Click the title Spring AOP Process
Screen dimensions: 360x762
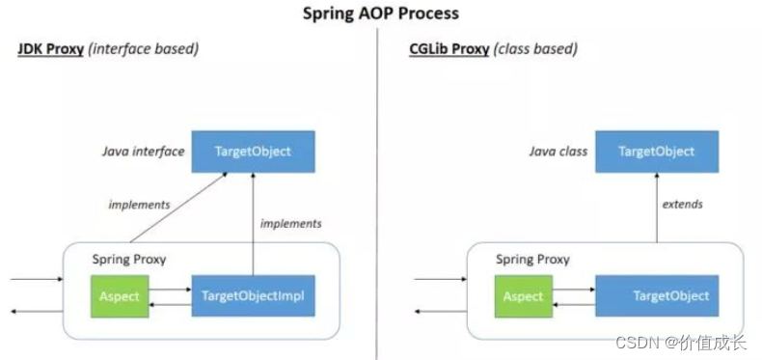pos(380,13)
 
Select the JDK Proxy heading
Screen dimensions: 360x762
pos(50,48)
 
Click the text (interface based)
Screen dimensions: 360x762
pos(144,48)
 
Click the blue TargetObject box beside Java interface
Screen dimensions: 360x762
pos(254,152)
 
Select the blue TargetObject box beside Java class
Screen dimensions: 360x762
pos(656,152)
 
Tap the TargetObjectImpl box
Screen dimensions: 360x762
pos(254,296)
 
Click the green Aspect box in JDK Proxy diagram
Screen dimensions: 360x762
pos(120,296)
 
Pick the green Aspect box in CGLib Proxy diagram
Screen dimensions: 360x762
pos(525,296)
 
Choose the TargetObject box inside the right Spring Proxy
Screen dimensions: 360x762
pos(656,296)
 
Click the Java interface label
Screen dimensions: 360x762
pos(144,152)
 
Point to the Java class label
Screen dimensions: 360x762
pos(558,152)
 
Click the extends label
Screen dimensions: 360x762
pos(682,204)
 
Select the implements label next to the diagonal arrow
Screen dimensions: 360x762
pos(140,204)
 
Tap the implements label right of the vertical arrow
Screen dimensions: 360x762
pos(290,223)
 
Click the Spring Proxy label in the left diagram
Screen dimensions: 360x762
pos(128,260)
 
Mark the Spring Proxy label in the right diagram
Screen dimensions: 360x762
pos(532,260)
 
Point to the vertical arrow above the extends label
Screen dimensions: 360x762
pos(656,183)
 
